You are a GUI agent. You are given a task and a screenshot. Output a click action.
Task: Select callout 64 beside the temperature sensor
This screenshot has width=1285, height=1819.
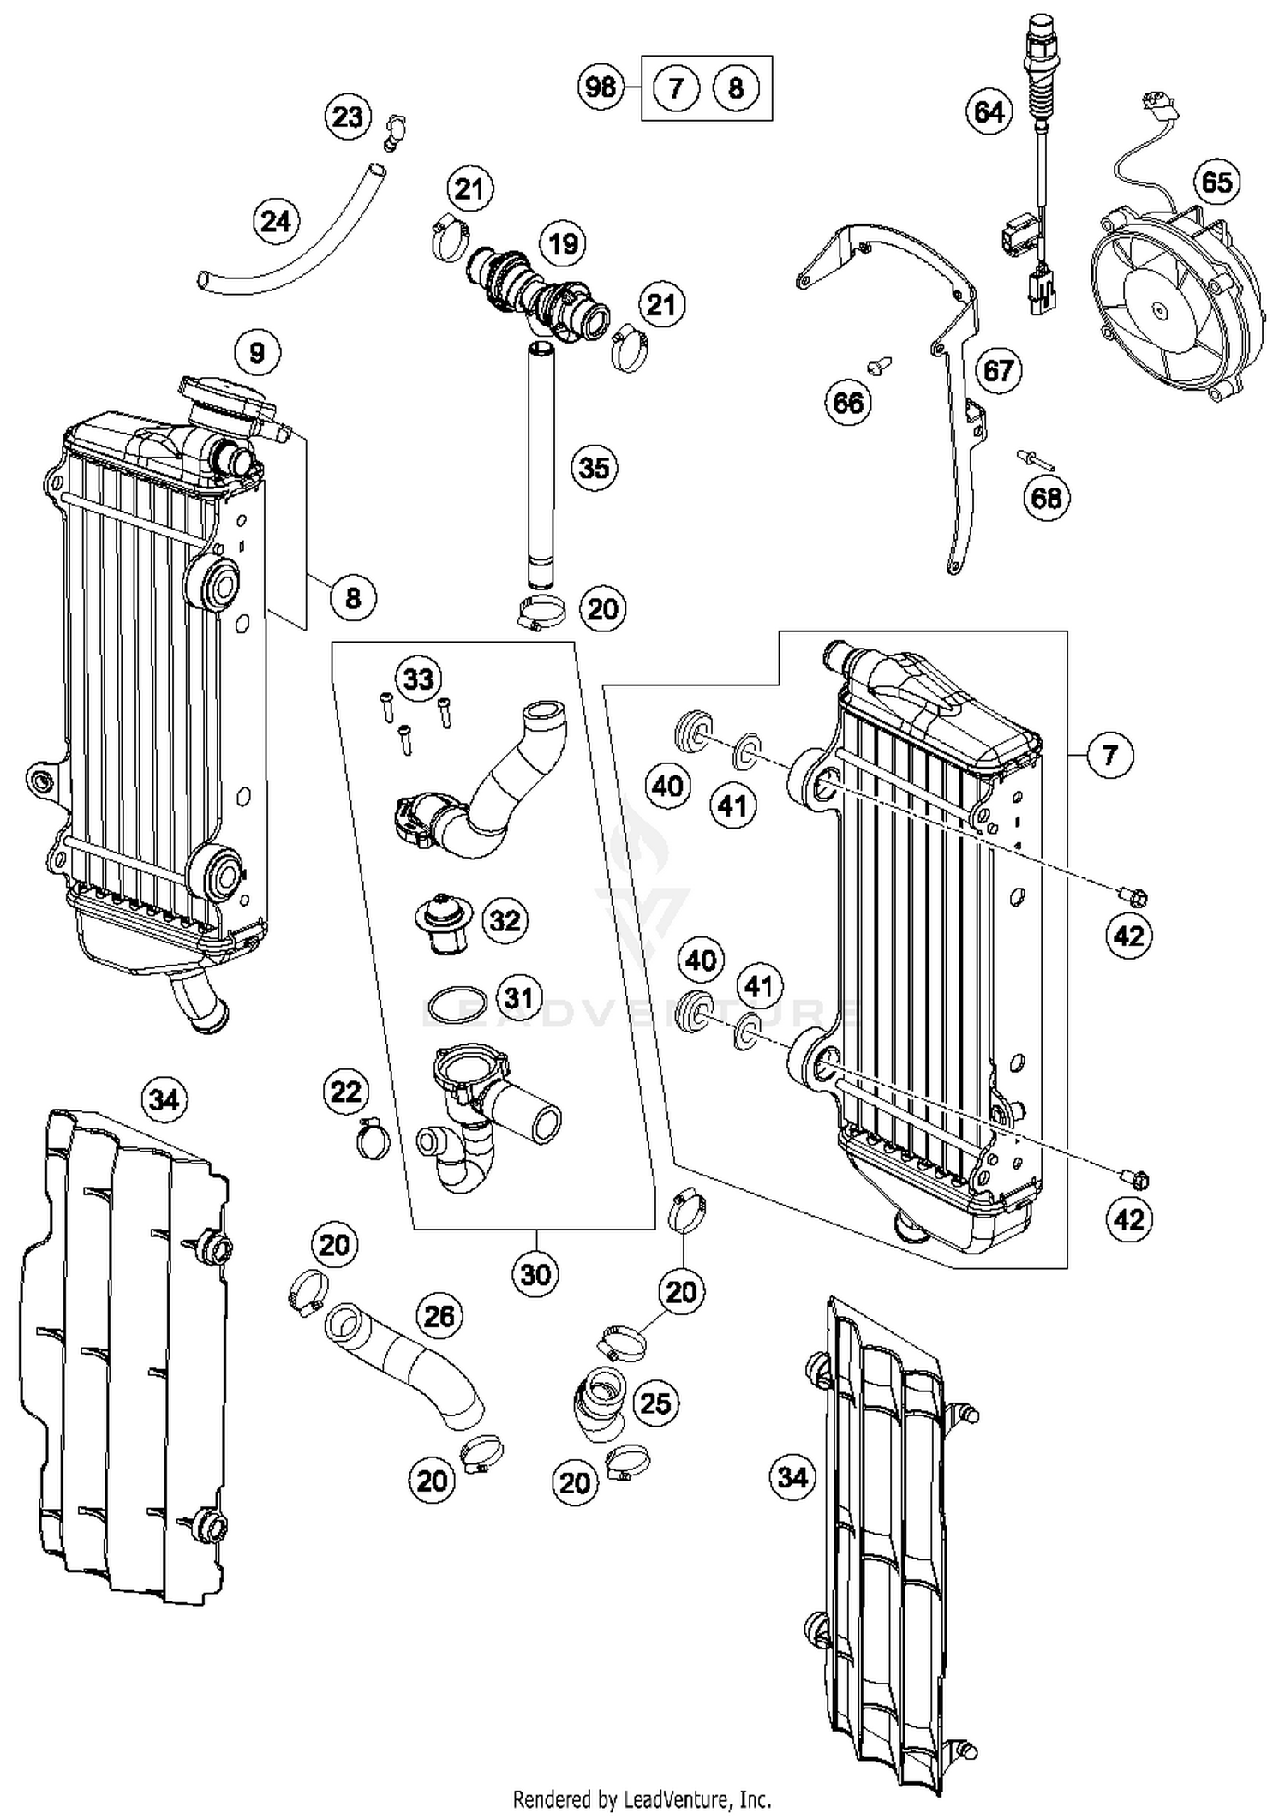pos(989,112)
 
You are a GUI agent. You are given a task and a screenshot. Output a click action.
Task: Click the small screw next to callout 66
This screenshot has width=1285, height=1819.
pos(879,365)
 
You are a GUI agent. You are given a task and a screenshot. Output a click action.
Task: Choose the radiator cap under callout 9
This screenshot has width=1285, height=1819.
pos(226,401)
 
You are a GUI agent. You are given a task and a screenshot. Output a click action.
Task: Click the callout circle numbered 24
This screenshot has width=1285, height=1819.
pos(276,222)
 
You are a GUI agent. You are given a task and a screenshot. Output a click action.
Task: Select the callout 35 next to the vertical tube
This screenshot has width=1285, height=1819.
pos(594,468)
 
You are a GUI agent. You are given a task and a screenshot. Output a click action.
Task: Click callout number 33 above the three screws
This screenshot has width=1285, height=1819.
pos(418,679)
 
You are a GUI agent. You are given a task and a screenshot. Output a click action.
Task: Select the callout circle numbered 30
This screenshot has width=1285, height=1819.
pos(535,1274)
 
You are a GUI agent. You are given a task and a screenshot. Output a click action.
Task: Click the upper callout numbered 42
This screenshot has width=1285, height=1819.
pos(1128,936)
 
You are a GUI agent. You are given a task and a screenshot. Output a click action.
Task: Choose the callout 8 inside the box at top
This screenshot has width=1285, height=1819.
pos(736,87)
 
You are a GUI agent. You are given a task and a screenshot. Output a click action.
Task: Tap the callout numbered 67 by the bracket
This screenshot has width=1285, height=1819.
pos(998,371)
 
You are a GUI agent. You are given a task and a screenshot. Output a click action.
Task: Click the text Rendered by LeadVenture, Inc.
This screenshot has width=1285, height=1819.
pos(642,1798)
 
